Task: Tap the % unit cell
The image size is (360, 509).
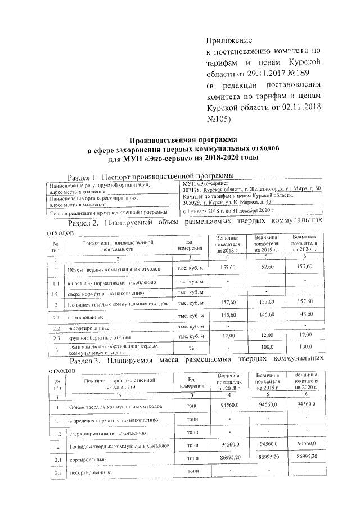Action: tap(190, 349)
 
